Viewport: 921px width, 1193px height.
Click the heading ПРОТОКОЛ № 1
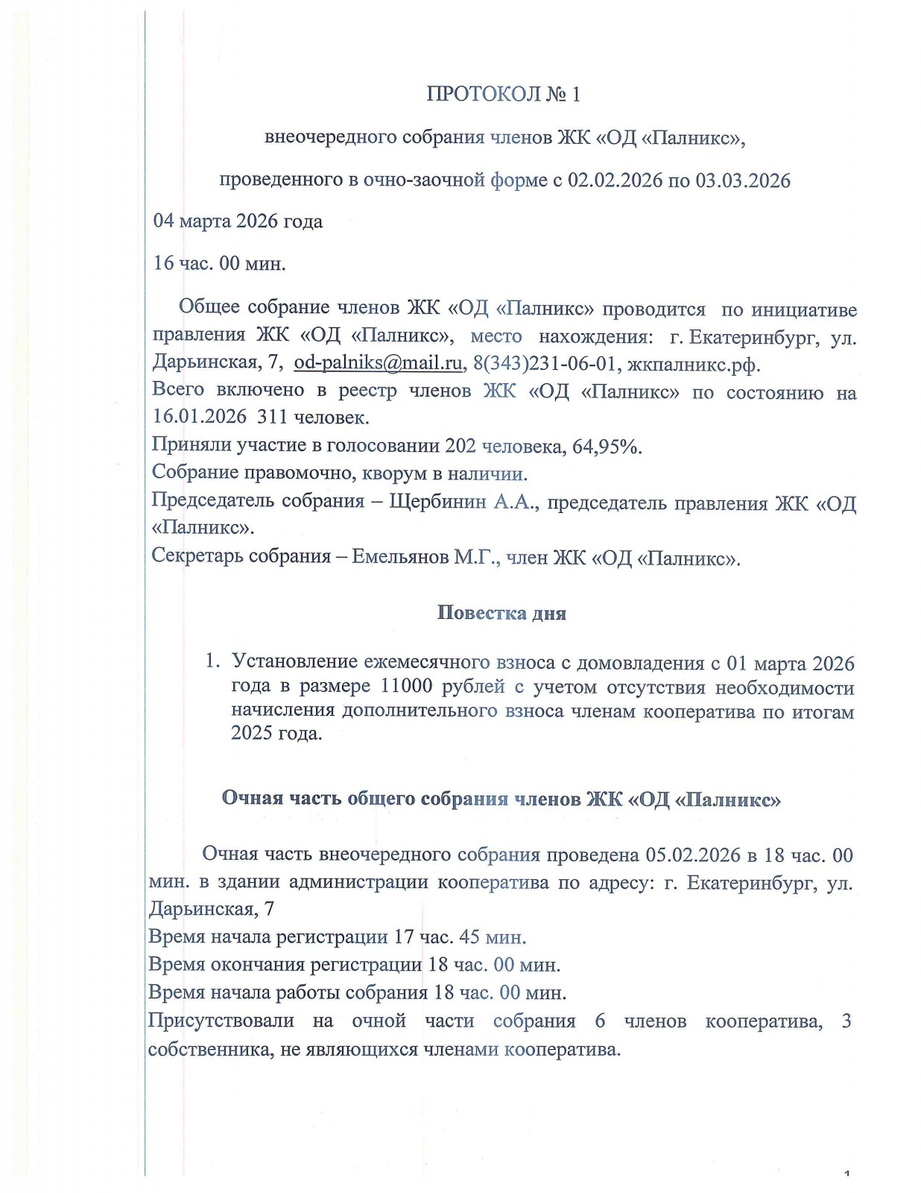pos(503,95)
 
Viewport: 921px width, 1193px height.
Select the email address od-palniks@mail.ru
pos(378,363)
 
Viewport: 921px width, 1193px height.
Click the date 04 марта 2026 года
pos(238,221)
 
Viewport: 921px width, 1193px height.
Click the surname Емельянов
pos(399,557)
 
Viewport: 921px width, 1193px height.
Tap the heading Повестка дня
pos(501,613)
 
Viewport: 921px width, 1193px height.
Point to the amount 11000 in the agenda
pos(406,687)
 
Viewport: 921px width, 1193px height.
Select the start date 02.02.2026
pos(615,180)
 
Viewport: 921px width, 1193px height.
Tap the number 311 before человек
pos(273,417)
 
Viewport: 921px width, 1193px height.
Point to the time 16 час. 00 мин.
pos(219,263)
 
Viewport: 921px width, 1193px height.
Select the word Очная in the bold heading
pos(253,799)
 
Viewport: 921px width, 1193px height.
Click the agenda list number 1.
pos(212,661)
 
